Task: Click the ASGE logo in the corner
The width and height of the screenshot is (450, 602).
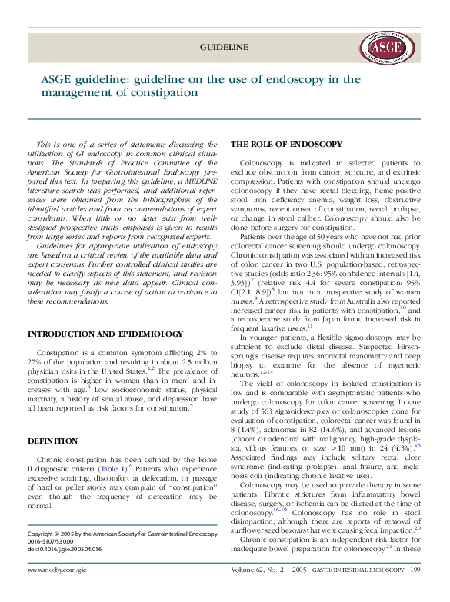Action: (x=385, y=48)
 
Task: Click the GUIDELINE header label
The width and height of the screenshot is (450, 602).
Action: (x=224, y=48)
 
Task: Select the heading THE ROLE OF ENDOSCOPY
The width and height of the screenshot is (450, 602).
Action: (x=286, y=145)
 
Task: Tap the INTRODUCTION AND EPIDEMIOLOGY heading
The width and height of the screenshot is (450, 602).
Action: (x=95, y=334)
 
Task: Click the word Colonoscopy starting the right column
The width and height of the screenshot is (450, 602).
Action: (x=262, y=165)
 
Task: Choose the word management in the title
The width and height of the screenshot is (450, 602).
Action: (x=78, y=93)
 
